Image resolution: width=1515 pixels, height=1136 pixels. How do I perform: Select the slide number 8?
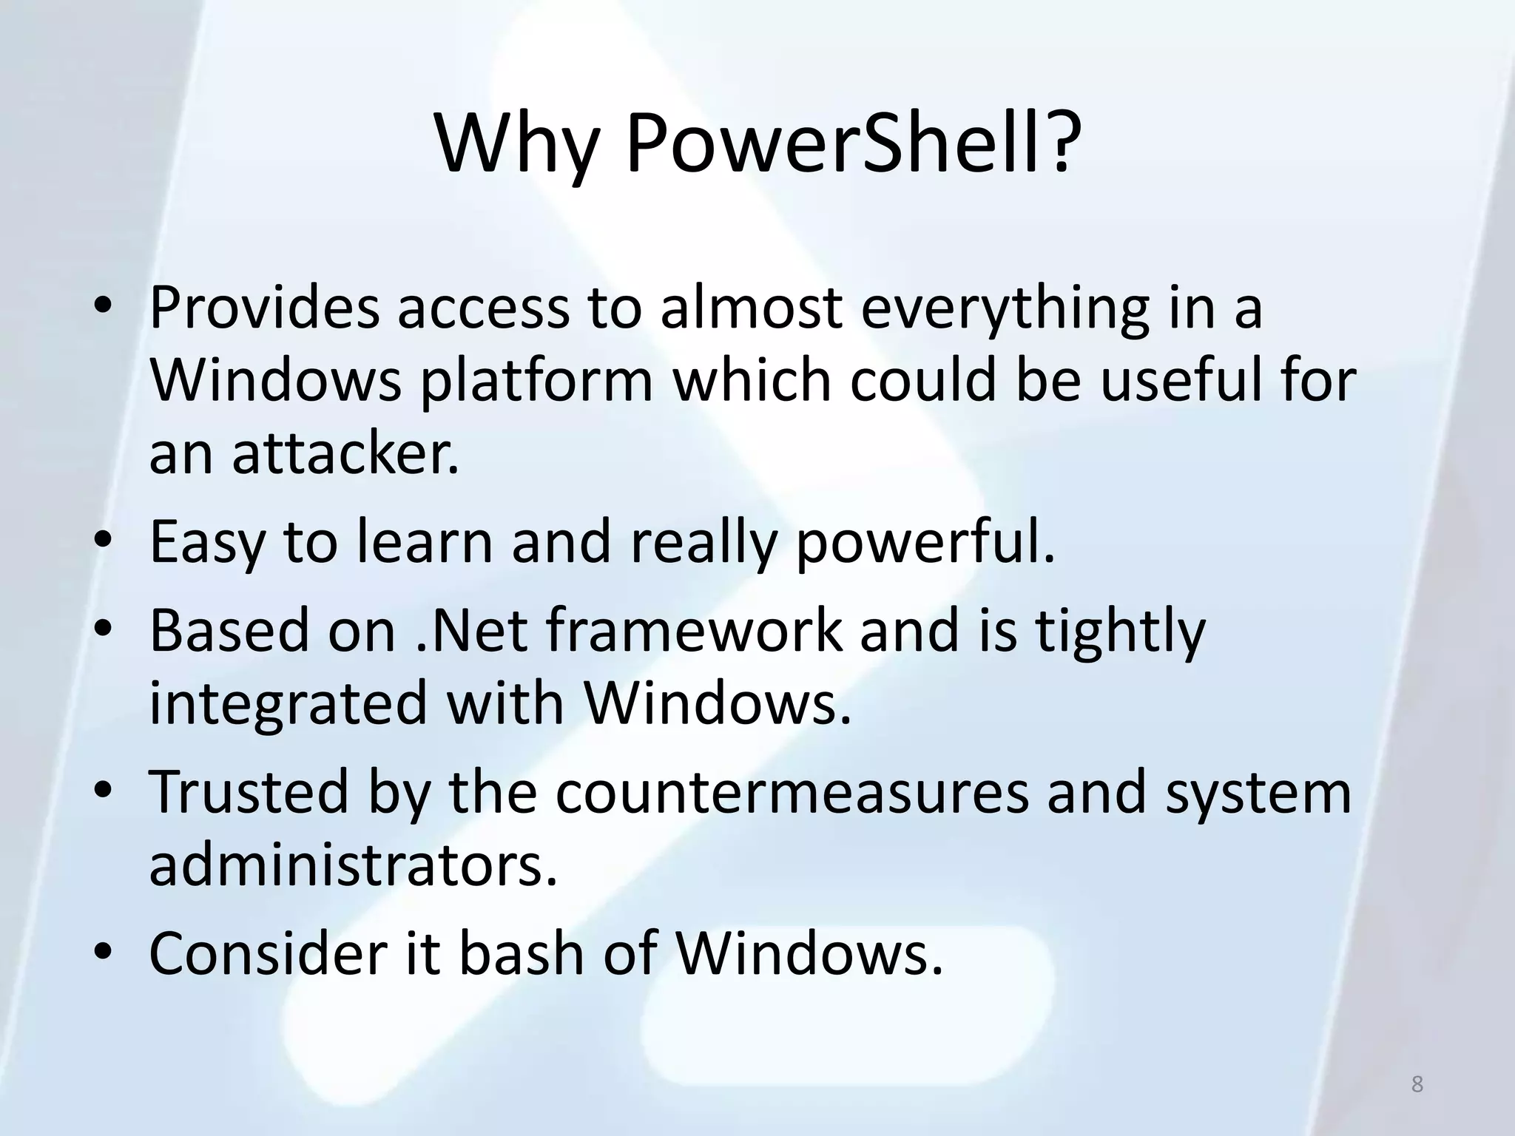click(1417, 1084)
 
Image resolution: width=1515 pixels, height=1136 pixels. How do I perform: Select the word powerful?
click(925, 542)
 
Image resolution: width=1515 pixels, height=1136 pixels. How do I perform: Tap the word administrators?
click(352, 865)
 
